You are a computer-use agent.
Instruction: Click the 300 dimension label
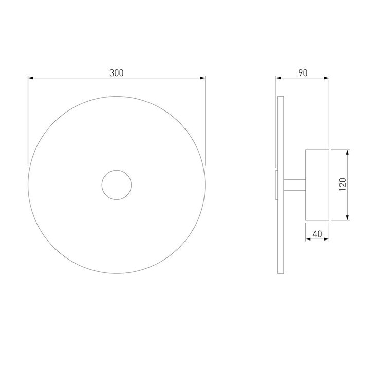pyautogui.click(x=116, y=73)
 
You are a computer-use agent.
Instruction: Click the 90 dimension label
pyautogui.click(x=303, y=73)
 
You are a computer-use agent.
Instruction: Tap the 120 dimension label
pyautogui.click(x=342, y=184)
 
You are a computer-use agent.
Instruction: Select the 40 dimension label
pyautogui.click(x=317, y=234)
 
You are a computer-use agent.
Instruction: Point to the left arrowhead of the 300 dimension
pyautogui.click(x=31, y=78)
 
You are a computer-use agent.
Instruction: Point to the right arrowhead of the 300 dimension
pyautogui.click(x=202, y=78)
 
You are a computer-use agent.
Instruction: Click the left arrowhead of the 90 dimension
pyautogui.click(x=279, y=78)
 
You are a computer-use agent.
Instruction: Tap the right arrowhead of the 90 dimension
pyautogui.click(x=327, y=78)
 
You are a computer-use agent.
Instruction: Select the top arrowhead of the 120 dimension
pyautogui.click(x=347, y=152)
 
